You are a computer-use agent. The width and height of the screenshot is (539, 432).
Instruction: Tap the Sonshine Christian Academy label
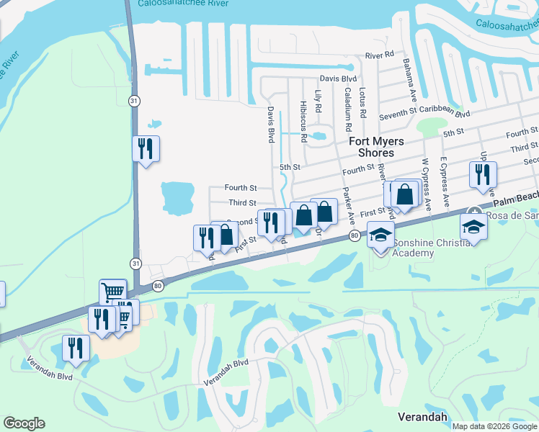433,248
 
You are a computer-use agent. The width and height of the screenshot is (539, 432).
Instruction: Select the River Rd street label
379,55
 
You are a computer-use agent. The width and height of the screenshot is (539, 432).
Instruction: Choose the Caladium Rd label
348,108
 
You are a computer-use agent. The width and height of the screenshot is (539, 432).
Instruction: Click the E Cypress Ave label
445,182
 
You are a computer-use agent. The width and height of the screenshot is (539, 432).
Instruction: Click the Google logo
24,423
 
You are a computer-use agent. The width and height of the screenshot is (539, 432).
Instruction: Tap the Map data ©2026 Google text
495,426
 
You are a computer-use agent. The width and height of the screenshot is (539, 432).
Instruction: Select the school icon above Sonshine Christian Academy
380,234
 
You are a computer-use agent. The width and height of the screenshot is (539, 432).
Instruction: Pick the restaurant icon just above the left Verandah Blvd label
75,348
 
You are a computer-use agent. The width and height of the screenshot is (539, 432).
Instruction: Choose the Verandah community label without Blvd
422,417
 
